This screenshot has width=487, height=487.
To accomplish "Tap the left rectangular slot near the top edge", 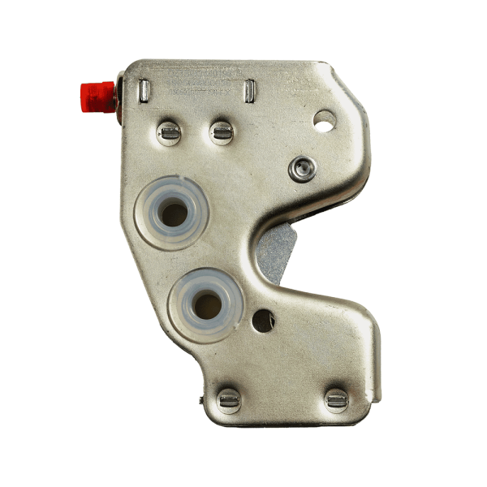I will [x=142, y=88].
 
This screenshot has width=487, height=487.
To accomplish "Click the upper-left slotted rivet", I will [x=169, y=131].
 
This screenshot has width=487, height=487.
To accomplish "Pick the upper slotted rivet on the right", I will [x=221, y=131].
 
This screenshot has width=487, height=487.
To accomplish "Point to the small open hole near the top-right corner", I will [x=325, y=122].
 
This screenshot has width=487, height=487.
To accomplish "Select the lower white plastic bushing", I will [x=206, y=304].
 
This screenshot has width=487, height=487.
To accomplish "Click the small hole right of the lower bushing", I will [x=262, y=320].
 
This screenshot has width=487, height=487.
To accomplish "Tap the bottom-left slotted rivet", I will [x=229, y=399].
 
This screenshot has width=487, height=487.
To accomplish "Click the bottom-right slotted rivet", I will [x=335, y=399].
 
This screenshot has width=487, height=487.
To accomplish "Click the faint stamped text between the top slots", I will [x=195, y=81].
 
